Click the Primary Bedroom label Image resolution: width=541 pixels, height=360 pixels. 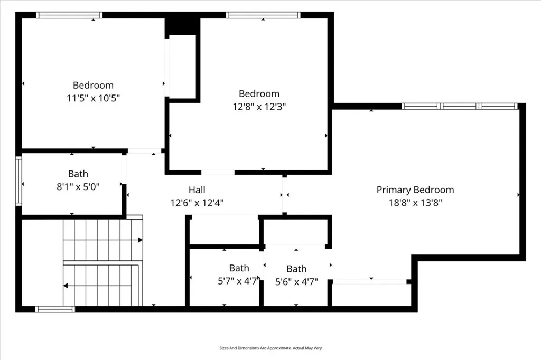(415, 190)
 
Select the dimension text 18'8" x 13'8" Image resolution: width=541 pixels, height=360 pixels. (415, 203)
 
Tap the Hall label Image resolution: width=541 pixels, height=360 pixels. (197, 190)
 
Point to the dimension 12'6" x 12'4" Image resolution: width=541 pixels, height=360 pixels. (197, 203)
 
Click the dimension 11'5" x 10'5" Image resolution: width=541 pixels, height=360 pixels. (93, 98)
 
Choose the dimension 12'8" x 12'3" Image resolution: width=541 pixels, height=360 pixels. (259, 107)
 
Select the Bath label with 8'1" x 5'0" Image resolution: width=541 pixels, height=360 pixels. (78, 174)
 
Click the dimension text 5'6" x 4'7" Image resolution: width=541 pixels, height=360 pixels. (296, 281)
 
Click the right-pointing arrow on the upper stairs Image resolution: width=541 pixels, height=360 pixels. (141, 240)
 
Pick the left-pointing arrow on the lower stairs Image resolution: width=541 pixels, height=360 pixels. (66, 286)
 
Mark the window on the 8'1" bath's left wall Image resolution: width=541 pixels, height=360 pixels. (18, 181)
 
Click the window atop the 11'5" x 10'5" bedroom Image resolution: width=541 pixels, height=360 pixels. (69, 15)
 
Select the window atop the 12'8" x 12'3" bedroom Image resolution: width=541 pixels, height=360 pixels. (260, 15)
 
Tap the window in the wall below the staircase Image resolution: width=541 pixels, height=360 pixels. (55, 309)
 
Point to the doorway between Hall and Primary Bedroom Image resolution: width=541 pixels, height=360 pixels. (284, 194)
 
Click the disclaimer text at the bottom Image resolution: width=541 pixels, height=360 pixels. (270, 348)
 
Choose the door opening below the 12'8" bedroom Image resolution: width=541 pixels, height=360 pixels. (218, 172)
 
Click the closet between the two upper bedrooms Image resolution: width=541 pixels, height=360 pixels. (182, 66)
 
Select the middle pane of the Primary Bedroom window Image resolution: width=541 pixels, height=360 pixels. (459, 106)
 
